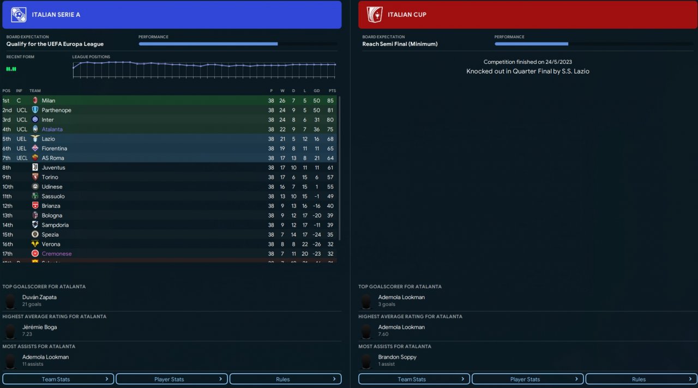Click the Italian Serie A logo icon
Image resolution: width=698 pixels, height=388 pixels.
[x=19, y=15]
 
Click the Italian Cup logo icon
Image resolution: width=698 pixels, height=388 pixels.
[x=375, y=15]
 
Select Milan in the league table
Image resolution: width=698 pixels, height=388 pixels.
[x=49, y=101]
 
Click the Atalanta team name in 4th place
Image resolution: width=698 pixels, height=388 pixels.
[x=52, y=129]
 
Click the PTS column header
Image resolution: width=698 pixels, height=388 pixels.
[x=332, y=91]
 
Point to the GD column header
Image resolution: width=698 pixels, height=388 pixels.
[x=316, y=91]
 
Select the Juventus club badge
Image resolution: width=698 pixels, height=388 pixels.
[x=35, y=168]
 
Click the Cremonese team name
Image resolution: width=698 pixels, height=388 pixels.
[x=57, y=254]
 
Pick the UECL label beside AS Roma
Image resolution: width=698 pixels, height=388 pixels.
[x=22, y=158]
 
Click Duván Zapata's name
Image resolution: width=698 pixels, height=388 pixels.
[x=39, y=298]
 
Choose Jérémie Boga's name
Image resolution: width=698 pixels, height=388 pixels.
[x=39, y=328]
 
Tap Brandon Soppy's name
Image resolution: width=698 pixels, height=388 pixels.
[x=397, y=357]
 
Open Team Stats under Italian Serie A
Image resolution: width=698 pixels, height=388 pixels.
[x=58, y=379]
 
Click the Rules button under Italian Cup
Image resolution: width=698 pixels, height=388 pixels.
[x=639, y=379]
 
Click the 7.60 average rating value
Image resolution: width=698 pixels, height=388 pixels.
[x=385, y=334]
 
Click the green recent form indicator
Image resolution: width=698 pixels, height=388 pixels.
[x=11, y=69]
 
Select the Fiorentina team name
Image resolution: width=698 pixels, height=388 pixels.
[x=55, y=149]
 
